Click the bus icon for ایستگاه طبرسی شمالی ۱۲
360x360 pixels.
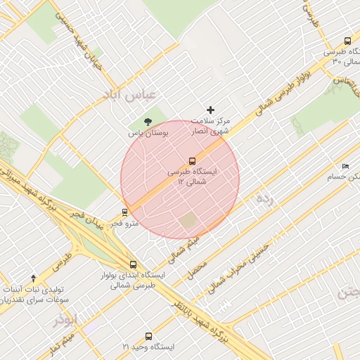coord(192,160)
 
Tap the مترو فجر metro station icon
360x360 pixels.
coord(125,212)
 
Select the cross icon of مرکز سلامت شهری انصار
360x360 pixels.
coord(210,110)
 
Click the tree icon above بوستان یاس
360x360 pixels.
coord(147,122)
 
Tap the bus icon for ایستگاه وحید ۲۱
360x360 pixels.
coord(148,336)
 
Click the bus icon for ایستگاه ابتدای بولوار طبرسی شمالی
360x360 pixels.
coord(134,265)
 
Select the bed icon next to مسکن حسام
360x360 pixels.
coord(345,166)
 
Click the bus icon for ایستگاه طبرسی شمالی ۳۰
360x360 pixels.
coord(347,41)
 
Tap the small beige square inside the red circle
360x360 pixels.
coord(188,221)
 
